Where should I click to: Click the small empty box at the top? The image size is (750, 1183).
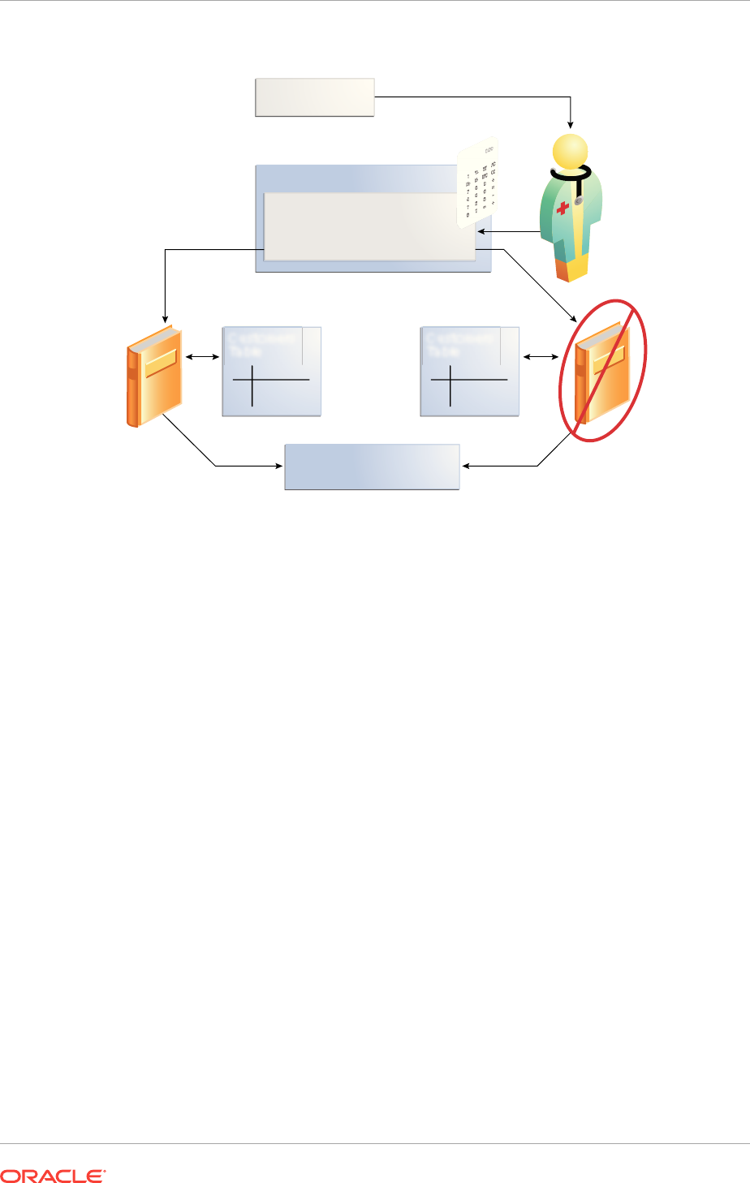click(314, 97)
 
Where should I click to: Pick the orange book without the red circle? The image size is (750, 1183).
click(154, 376)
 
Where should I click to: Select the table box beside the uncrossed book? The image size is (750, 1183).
click(271, 372)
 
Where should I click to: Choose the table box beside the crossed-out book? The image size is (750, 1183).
click(469, 372)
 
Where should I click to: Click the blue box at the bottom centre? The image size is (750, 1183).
click(372, 467)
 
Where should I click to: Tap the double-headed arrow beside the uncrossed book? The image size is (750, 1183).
click(202, 356)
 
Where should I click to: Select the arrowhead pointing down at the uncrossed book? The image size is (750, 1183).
click(166, 317)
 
